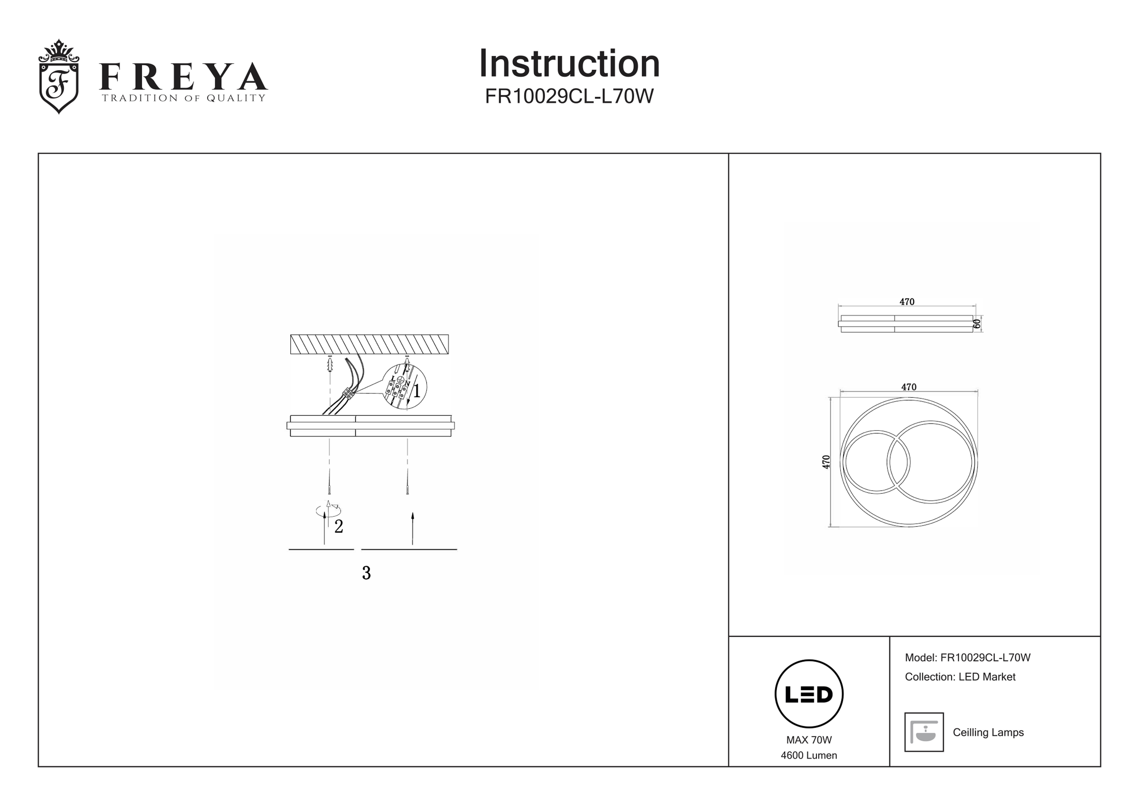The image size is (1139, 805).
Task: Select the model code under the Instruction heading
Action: [x=569, y=96]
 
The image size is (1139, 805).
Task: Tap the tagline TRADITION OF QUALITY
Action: [x=184, y=98]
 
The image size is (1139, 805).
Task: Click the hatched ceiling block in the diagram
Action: [x=369, y=344]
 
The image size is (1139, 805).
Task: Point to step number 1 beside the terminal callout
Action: [x=417, y=391]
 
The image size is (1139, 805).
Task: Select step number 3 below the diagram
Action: [x=366, y=573]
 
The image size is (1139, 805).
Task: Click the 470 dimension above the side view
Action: [x=907, y=301]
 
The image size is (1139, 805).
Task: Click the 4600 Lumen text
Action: [x=809, y=755]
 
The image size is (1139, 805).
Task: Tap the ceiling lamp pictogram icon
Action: [x=924, y=732]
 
